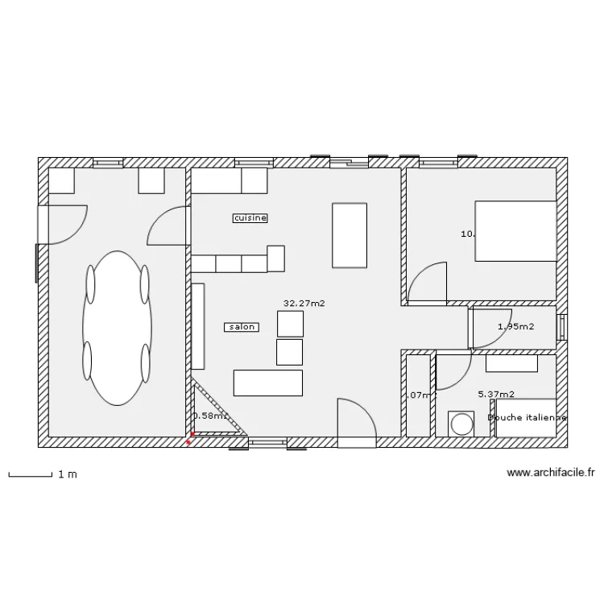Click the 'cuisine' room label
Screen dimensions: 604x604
(x=250, y=217)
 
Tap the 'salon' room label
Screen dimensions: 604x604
(x=242, y=327)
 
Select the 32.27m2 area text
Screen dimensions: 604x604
(x=298, y=304)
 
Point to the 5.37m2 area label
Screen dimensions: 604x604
(x=496, y=395)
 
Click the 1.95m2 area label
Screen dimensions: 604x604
(x=516, y=327)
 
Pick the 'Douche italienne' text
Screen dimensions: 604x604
(x=527, y=418)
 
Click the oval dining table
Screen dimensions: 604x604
(x=118, y=327)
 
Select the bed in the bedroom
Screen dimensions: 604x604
(x=515, y=231)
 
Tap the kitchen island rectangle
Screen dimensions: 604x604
(x=350, y=235)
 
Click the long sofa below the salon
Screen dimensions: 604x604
(x=268, y=383)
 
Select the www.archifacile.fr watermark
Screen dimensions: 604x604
(x=552, y=474)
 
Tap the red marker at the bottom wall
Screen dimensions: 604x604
(x=189, y=442)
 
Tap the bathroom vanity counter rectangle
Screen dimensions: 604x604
(x=511, y=364)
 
